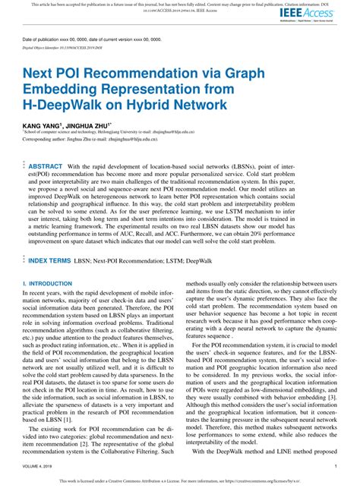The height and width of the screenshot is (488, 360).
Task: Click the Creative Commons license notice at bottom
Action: click(180, 481)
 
